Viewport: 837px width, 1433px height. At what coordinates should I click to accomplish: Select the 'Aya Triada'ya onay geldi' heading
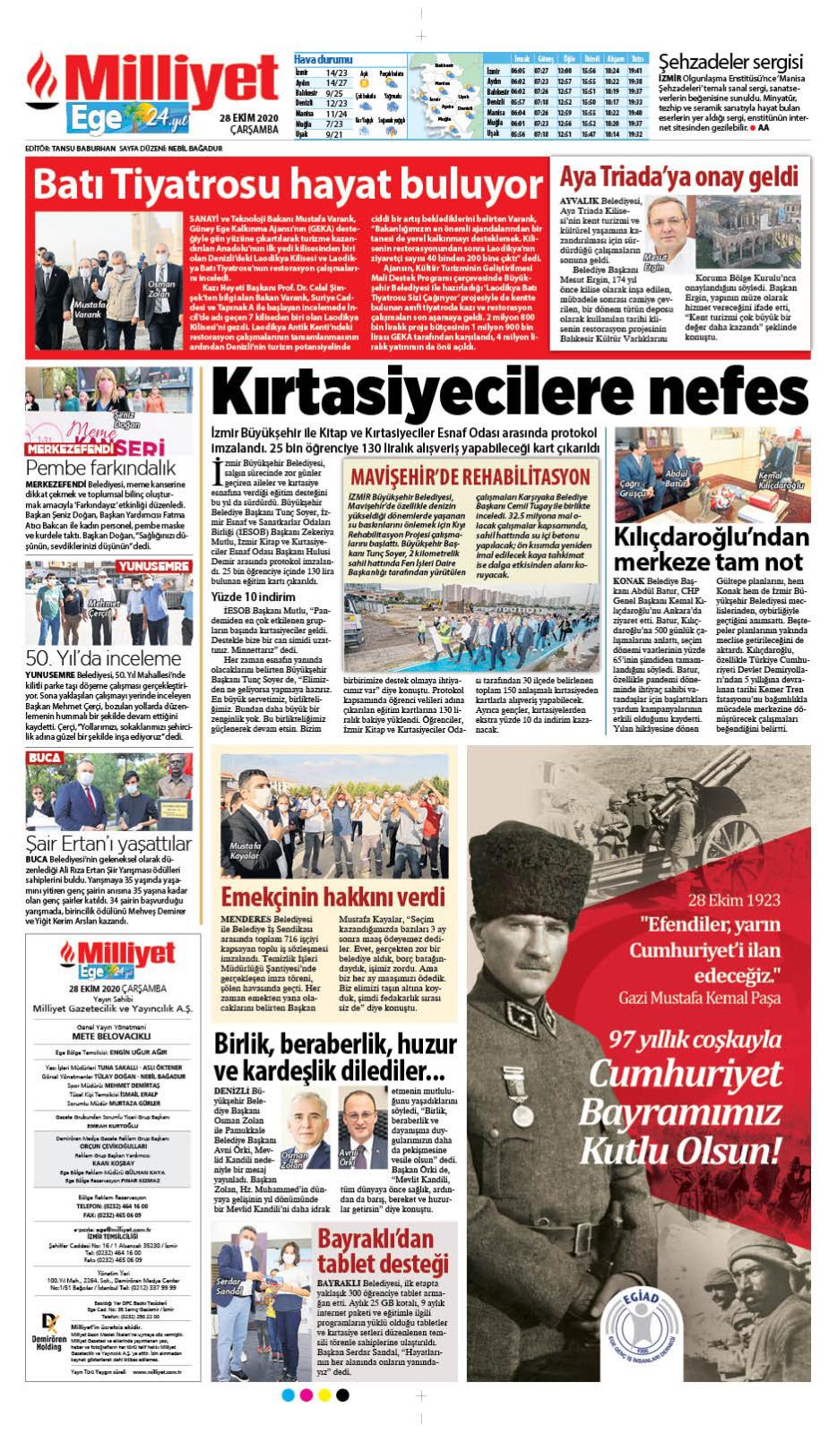tap(678, 176)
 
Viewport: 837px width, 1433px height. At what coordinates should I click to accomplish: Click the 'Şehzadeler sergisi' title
tap(729, 62)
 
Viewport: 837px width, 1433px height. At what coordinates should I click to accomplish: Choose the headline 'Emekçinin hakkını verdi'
tap(332, 897)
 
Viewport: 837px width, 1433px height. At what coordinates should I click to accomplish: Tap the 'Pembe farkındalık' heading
tap(100, 467)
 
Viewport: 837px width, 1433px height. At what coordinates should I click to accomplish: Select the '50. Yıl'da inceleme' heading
tap(91, 658)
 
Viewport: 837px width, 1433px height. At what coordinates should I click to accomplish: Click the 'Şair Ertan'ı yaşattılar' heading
tap(108, 844)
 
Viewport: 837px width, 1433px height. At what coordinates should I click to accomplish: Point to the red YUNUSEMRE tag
tap(154, 567)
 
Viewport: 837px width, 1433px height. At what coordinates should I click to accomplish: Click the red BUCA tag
tap(45, 758)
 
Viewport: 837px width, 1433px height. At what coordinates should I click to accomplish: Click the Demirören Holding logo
tap(47, 1333)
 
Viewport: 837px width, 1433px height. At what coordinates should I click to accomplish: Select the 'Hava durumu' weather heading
tap(323, 59)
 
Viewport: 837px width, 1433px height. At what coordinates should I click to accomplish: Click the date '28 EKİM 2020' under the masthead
tap(248, 119)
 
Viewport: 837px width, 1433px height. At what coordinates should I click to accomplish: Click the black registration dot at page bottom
tap(342, 1394)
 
